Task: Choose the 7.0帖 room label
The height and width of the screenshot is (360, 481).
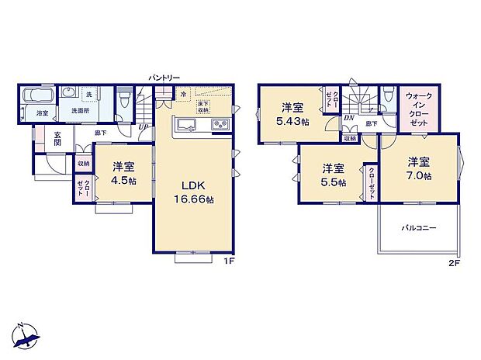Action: [x=420, y=168]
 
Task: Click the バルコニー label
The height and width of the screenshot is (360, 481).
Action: [x=418, y=229]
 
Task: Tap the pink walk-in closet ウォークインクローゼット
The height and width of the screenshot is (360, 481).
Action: [x=420, y=110]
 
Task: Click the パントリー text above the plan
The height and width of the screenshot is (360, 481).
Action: [x=164, y=78]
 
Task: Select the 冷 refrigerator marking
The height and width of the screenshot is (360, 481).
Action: [x=183, y=96]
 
